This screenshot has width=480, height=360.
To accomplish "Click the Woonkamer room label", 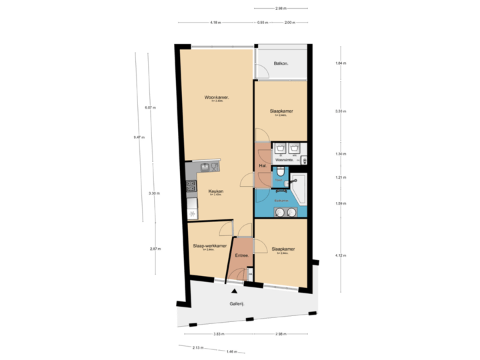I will pos(217,97).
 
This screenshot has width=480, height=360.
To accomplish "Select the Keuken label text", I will pos(215,191).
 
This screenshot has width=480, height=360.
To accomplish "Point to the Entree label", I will pos(242,256).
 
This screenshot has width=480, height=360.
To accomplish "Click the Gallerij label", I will pos(237,303).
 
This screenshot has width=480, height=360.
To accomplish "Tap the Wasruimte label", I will pos(285,160).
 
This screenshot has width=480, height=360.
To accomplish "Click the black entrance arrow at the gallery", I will pos(233,290).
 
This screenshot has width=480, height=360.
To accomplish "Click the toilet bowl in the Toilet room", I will pos(283,174).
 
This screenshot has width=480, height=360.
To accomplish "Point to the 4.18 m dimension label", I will pos(215,22).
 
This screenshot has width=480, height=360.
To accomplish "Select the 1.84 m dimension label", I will pos(340,63).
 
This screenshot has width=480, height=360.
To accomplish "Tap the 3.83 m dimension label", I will pos(217,333).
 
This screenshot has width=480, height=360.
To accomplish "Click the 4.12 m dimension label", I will pos(340,255).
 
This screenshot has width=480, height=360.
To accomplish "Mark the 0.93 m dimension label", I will pos(263,22).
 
